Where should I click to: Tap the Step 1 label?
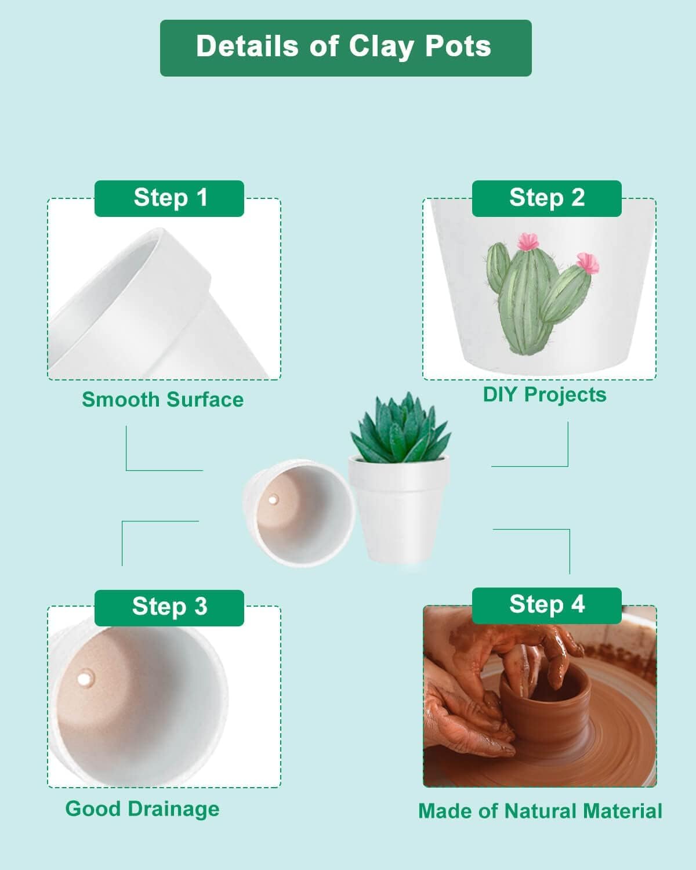[169, 198]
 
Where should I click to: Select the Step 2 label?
[546, 198]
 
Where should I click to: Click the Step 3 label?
[169, 607]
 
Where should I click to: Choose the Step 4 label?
[546, 605]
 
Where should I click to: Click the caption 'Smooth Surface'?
[162, 400]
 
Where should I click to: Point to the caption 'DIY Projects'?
[545, 395]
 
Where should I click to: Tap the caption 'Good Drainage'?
[142, 809]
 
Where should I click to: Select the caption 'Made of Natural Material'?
[540, 811]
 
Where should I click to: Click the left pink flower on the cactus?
[528, 241]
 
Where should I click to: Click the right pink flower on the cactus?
[588, 263]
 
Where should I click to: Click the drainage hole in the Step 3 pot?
[85, 677]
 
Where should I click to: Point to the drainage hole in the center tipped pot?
[273, 499]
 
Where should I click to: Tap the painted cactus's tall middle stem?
[525, 302]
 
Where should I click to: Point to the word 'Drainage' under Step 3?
[173, 809]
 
